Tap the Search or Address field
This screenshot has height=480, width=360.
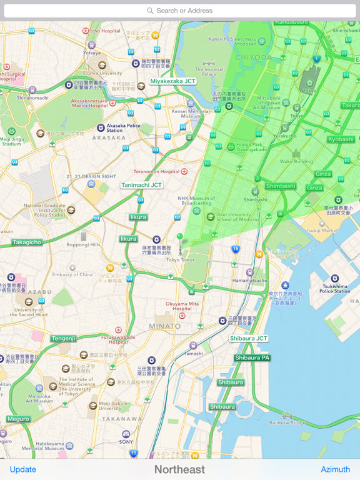[180, 11]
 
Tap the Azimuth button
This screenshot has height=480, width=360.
[335, 469]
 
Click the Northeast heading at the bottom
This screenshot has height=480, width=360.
[179, 469]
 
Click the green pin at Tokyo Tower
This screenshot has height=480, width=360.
[180, 238]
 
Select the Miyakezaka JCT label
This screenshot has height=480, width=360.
[172, 81]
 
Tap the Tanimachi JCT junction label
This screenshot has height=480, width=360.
[142, 185]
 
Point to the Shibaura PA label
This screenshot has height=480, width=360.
[252, 358]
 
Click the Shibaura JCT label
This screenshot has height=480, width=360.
[249, 338]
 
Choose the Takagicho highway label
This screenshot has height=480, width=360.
[27, 242]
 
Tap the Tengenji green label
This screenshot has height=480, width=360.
[63, 338]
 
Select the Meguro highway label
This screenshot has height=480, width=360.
[19, 419]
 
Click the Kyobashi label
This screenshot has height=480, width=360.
[341, 139]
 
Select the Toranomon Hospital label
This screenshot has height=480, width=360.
[156, 171]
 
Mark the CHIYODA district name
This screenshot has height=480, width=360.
[253, 57]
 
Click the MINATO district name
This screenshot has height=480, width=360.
[165, 326]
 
